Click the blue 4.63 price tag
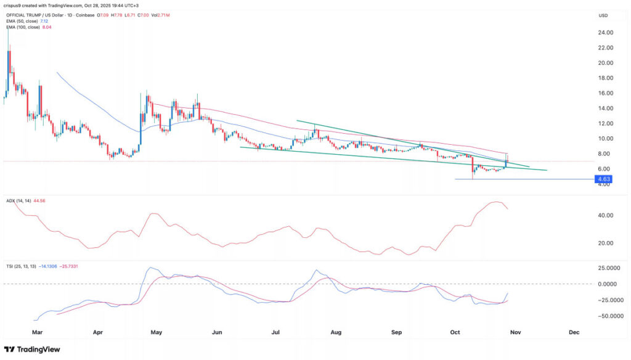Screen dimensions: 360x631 [601, 179]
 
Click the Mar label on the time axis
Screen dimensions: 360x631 [37, 332]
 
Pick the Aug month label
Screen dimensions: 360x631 [336, 332]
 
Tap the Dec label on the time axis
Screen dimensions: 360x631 [574, 332]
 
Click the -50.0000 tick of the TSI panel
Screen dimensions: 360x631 [606, 316]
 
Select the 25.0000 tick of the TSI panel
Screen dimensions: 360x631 [606, 269]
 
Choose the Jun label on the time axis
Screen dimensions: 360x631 [216, 332]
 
